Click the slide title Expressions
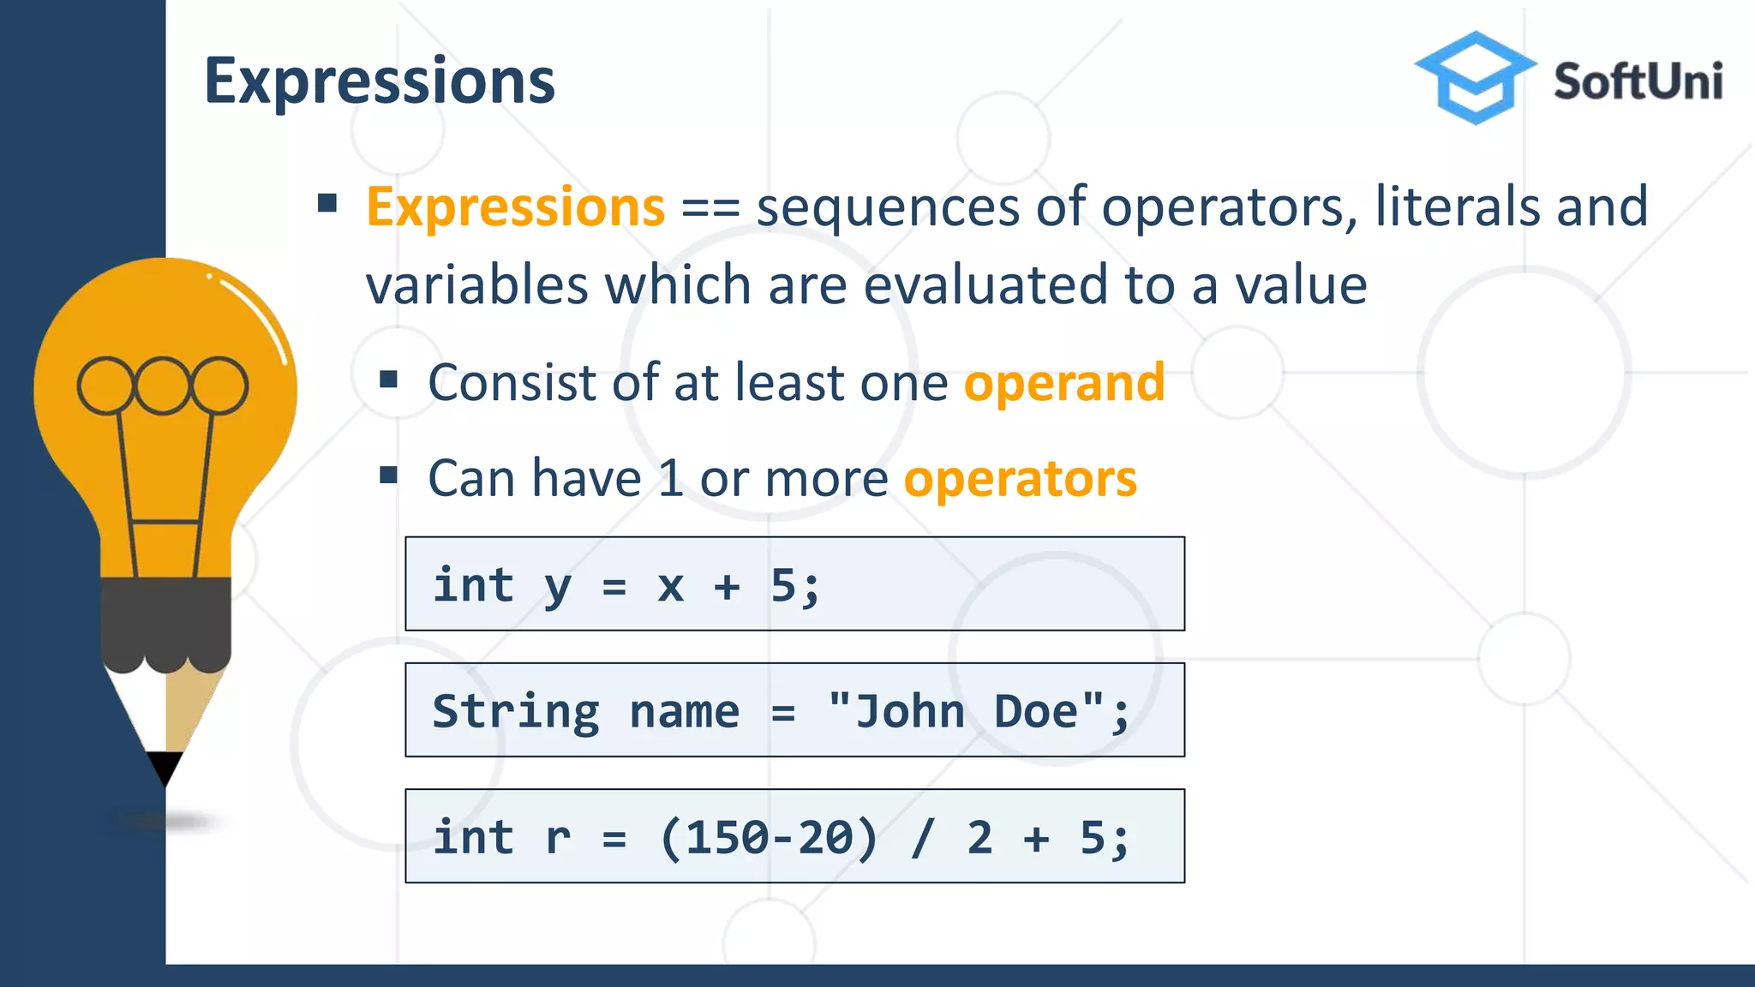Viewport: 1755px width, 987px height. [380, 81]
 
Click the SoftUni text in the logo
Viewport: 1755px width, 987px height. [1638, 82]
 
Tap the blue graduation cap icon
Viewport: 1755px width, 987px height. [1474, 77]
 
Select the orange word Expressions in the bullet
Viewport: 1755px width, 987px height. [515, 207]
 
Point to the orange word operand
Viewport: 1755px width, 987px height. [1064, 383]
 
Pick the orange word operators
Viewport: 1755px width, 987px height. [1020, 479]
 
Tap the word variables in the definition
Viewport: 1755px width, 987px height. [476, 285]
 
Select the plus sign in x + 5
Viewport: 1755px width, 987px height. [727, 588]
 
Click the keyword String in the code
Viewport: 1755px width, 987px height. [515, 712]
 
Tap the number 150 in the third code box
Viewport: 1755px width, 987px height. [728, 838]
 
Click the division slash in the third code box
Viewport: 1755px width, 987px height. [923, 838]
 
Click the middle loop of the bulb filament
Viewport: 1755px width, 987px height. [163, 386]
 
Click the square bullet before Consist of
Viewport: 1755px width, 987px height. [389, 379]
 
